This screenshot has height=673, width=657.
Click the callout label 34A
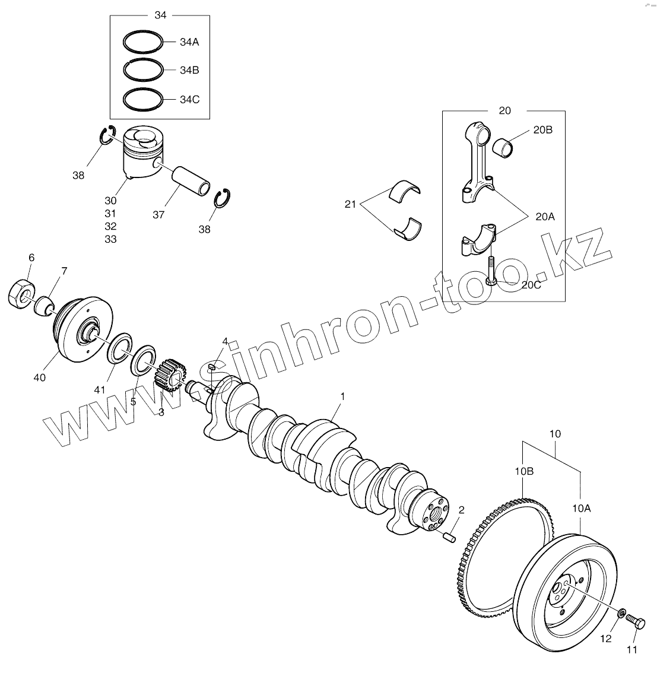coord(189,42)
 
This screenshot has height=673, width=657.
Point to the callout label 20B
coord(543,129)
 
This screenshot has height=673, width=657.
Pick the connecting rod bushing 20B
coord(504,145)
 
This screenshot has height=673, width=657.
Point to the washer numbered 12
coord(621,612)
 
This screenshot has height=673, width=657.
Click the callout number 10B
coord(524,471)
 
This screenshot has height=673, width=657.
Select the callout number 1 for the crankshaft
coord(342,396)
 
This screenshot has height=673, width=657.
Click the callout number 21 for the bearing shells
coord(350,205)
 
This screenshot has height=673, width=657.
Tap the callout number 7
coord(64,271)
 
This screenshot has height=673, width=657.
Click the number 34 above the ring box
coord(160,15)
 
